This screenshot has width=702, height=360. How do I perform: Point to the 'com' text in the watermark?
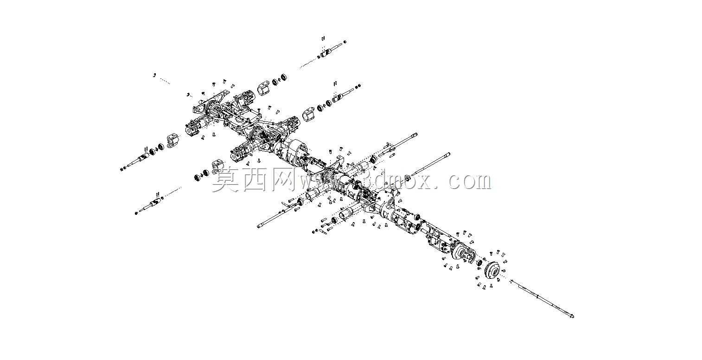[469, 181]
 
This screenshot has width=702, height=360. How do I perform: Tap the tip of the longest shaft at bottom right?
[573, 316]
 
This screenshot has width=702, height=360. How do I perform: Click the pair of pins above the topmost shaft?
[323, 39]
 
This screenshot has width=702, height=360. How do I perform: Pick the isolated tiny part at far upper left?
[154, 75]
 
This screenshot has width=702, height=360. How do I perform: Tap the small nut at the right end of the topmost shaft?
[345, 41]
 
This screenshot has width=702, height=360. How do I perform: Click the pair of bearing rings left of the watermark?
[202, 175]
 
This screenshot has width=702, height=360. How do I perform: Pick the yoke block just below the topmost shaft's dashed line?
[263, 88]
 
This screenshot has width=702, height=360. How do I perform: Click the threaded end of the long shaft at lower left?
[260, 225]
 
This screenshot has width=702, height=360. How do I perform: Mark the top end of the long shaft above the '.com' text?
[449, 154]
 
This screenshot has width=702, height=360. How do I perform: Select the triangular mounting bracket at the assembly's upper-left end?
[211, 102]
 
